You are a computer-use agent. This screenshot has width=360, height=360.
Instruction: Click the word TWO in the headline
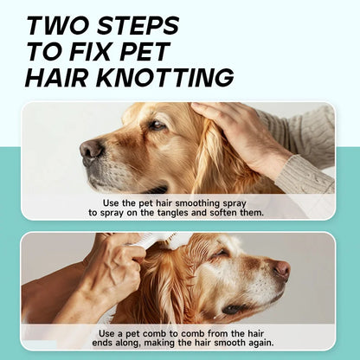60,24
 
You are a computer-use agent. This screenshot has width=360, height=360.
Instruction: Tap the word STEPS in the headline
137,24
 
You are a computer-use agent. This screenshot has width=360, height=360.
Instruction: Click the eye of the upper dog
156,125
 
